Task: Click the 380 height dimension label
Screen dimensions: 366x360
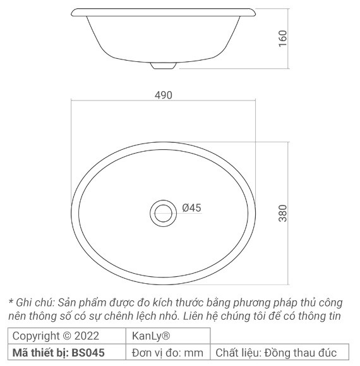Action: (x=283, y=212)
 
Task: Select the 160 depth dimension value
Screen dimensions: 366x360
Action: (x=282, y=39)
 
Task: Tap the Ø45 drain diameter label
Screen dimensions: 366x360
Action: (x=191, y=208)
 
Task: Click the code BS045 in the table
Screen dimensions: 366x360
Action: (x=88, y=352)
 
